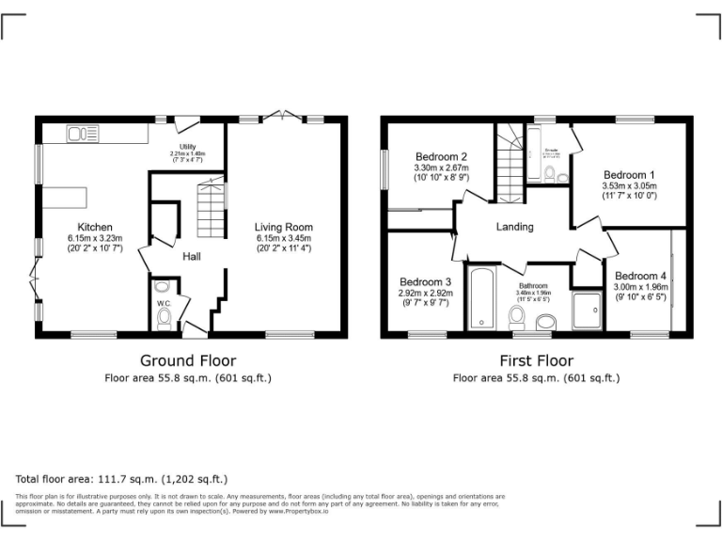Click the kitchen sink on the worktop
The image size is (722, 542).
coord(84,135)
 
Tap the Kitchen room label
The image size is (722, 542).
coord(95,227)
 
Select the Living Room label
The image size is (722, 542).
coord(284,227)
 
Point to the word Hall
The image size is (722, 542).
coord(191,257)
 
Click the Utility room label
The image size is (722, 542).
coord(187,147)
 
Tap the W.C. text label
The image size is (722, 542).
coord(163,304)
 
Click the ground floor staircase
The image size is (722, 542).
coord(212,210)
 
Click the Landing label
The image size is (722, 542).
coord(514,227)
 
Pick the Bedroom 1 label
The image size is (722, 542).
coord(629,175)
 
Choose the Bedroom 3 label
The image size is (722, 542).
coord(425,281)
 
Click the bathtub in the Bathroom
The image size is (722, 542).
coord(481,298)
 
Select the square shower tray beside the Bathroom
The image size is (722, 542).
coord(588,310)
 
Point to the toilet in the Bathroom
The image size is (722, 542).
coord(544,323)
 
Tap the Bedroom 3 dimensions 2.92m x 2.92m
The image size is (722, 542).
coord(425,293)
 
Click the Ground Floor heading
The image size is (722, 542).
coord(188,360)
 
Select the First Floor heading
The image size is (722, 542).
coord(536,360)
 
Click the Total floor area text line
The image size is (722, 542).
coord(121,478)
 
